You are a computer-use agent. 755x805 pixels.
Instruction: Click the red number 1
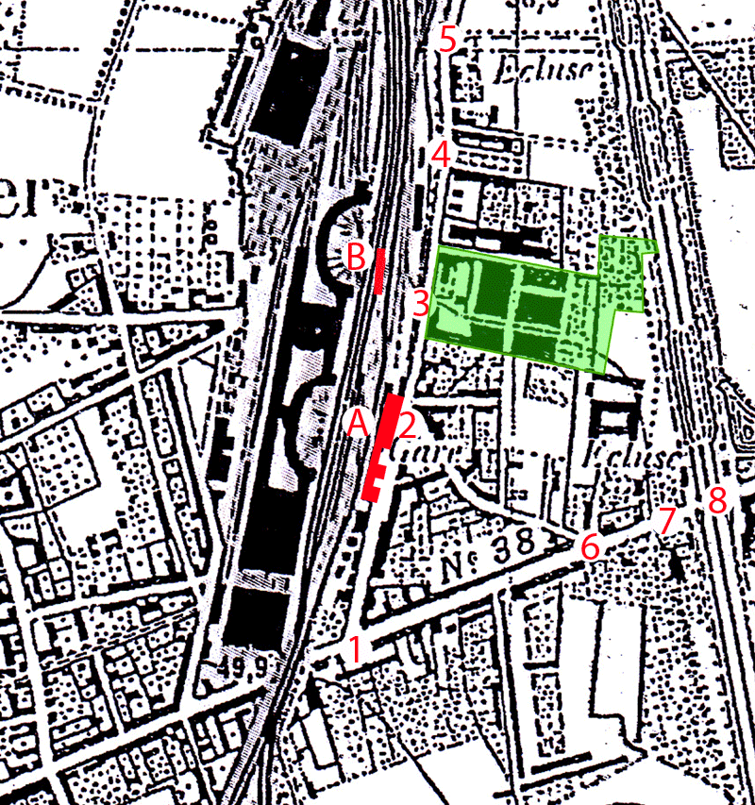click(x=355, y=649)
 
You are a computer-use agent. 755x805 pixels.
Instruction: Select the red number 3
click(x=419, y=304)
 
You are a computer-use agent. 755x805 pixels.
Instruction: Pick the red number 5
click(x=447, y=40)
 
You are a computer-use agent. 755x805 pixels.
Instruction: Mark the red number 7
click(x=666, y=519)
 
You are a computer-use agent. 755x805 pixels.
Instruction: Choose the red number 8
click(x=717, y=499)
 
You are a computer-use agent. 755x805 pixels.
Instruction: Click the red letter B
click(x=357, y=256)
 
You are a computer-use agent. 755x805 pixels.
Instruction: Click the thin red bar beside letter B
click(x=379, y=271)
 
